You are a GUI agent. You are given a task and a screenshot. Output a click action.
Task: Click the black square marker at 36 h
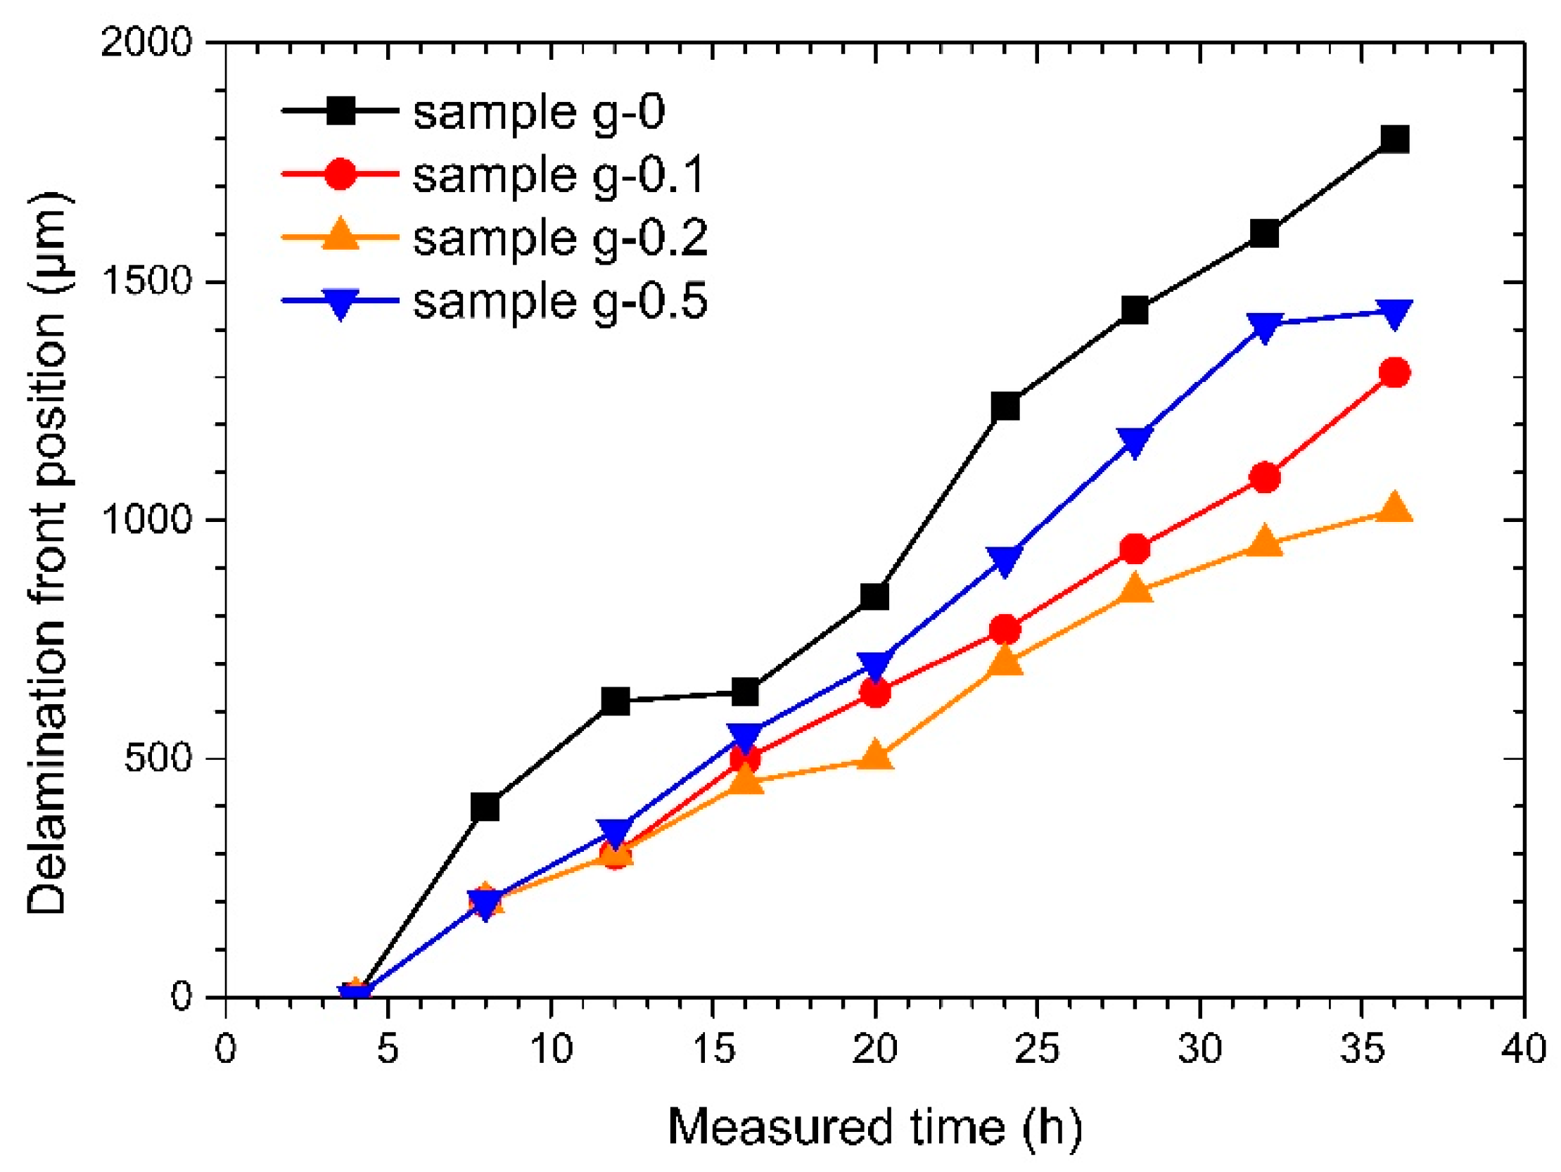(1394, 139)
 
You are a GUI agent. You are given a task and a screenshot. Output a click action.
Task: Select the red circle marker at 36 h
(1394, 373)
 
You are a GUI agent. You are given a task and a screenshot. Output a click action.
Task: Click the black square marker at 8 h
(485, 805)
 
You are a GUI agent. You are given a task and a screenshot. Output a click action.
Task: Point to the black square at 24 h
(1005, 406)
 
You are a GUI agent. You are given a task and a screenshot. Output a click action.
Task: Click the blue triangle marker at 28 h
(1135, 441)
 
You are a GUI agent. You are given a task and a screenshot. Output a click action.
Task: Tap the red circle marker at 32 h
(1265, 478)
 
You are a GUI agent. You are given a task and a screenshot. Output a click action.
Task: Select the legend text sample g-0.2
(560, 238)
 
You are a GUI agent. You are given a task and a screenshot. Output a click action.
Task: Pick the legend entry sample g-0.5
(560, 301)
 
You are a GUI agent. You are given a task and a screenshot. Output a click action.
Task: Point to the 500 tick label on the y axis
(158, 758)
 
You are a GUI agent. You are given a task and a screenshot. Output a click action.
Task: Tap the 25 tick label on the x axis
(1037, 1049)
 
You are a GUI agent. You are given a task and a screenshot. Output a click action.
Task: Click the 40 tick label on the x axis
(1523, 1049)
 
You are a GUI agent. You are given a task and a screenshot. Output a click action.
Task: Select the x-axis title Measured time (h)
(874, 1127)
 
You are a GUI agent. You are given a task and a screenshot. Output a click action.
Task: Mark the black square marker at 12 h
(616, 701)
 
